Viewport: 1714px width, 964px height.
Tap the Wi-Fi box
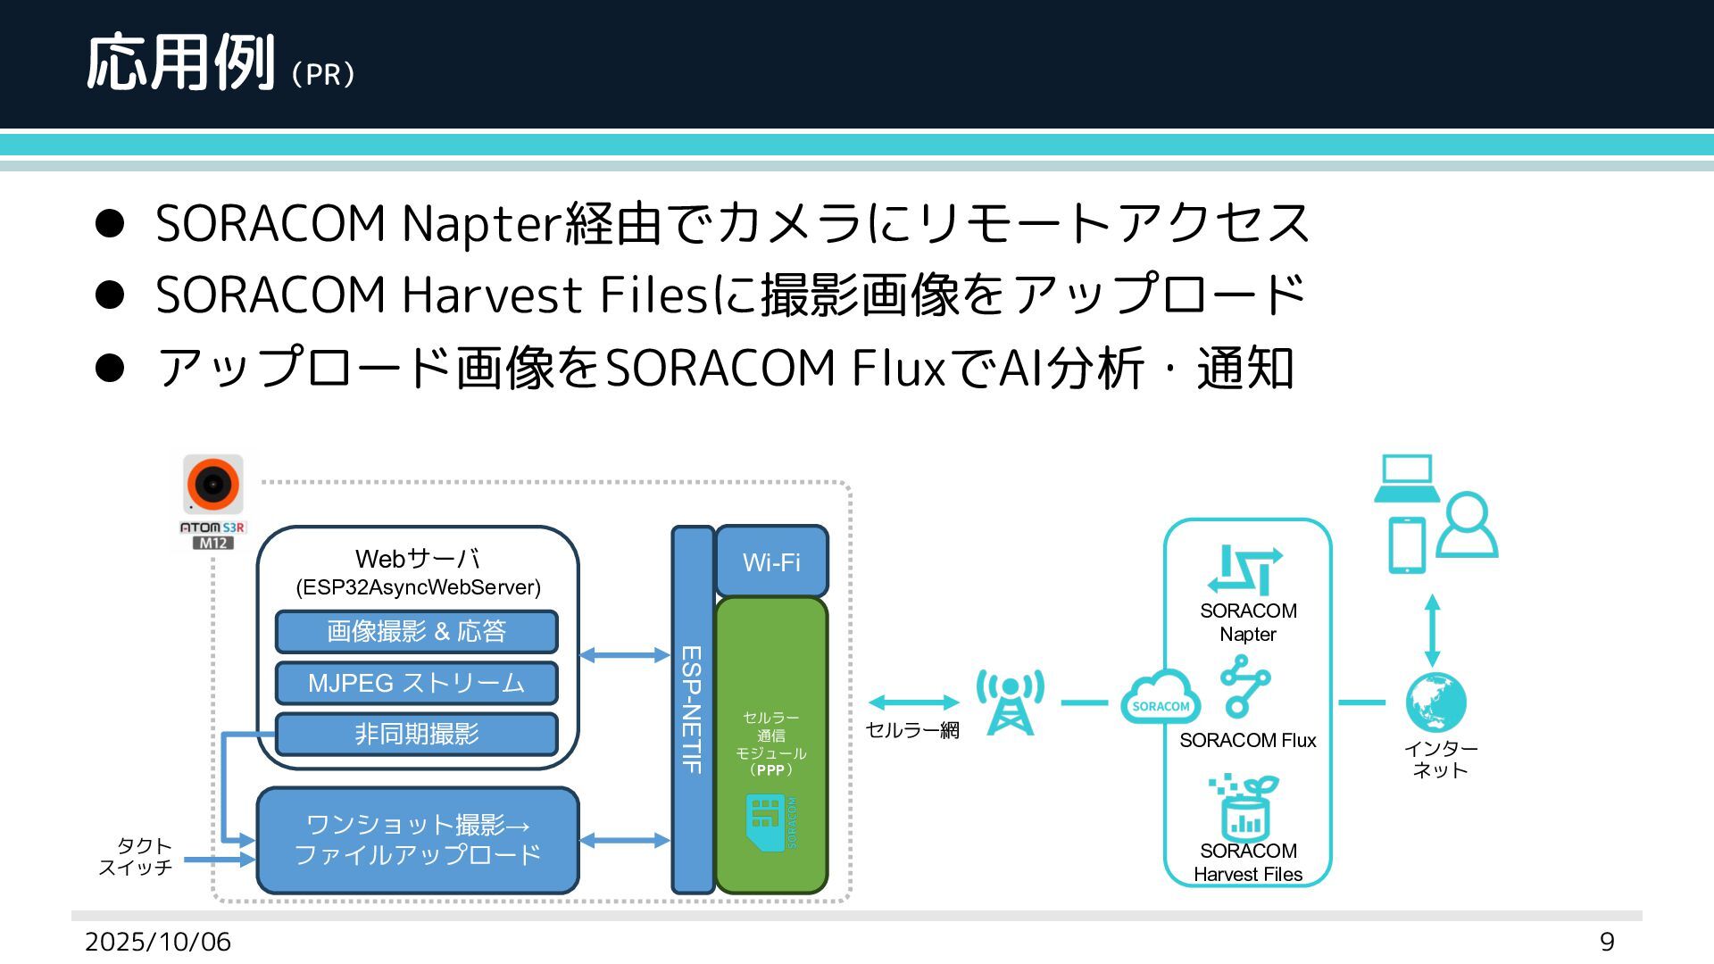771,561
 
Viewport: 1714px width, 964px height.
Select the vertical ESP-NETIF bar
693,710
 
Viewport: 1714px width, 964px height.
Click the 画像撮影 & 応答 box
416,632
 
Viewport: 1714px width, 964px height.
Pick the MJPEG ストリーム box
416,684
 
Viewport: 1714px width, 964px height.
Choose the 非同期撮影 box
416,735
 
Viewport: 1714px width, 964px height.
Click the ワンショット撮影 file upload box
418,840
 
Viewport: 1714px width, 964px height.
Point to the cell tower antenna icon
1010,702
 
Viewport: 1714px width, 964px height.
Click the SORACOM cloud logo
1160,697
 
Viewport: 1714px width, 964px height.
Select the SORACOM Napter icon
1244,570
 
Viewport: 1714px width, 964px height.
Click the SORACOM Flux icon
1245,686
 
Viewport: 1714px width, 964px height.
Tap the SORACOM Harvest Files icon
1244,807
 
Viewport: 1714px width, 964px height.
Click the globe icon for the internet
1435,702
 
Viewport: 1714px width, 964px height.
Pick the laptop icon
1406,478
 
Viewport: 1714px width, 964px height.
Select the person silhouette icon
1467,526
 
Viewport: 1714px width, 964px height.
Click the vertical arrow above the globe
1433,630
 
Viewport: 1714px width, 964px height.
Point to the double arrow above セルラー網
913,702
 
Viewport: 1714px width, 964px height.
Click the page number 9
1607,942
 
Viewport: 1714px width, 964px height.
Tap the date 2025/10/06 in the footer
158,942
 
